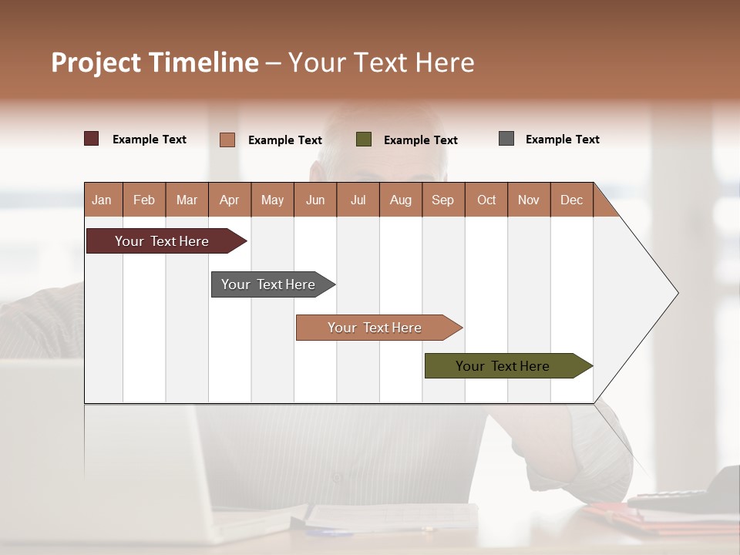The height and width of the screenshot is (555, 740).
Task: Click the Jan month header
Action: pyautogui.click(x=103, y=200)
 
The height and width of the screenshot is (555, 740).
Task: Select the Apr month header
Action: pyautogui.click(x=229, y=200)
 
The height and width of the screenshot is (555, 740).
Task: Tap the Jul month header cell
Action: pyautogui.click(x=358, y=200)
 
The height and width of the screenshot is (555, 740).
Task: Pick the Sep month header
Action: pyautogui.click(x=442, y=200)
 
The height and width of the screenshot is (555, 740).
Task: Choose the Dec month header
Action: pyautogui.click(x=571, y=200)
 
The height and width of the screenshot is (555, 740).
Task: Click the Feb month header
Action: pyautogui.click(x=144, y=200)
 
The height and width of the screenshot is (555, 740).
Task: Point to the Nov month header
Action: pyautogui.click(x=529, y=200)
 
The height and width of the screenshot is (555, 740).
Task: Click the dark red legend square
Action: pyautogui.click(x=92, y=139)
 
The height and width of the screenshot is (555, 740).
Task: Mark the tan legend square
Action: pyautogui.click(x=227, y=140)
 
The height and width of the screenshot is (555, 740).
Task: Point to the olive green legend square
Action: pyautogui.click(x=364, y=140)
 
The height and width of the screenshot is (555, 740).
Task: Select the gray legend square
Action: pyautogui.click(x=506, y=139)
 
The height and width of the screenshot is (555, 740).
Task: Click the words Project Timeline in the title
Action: pyautogui.click(x=155, y=62)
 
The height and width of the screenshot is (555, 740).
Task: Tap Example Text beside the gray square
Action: pyautogui.click(x=562, y=140)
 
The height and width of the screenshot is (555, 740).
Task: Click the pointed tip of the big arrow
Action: pyautogui.click(x=676, y=293)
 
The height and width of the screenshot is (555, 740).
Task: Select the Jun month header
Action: pyautogui.click(x=315, y=200)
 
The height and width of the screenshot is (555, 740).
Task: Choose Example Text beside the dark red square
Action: pyautogui.click(x=149, y=140)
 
